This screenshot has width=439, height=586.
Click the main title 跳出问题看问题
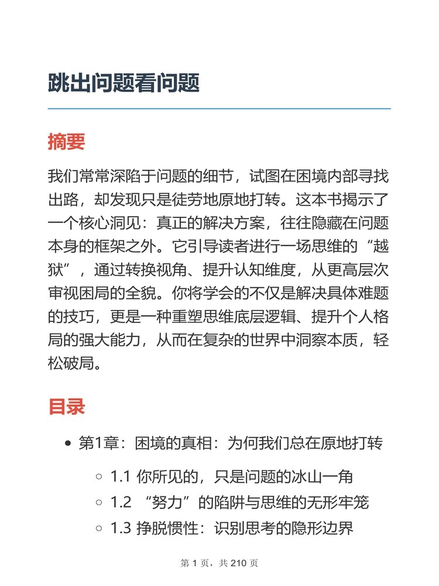[x=124, y=84]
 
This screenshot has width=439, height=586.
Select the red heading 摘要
[x=66, y=142]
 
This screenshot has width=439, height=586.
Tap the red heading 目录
[x=66, y=407]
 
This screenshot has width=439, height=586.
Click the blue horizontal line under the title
[x=219, y=108]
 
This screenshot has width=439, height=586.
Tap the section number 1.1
[x=120, y=477]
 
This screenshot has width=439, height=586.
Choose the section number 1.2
[x=121, y=503]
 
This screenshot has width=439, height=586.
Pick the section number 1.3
[x=121, y=529]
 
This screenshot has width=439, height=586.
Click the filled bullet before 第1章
[x=68, y=444]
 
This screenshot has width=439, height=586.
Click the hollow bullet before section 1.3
[x=100, y=529]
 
